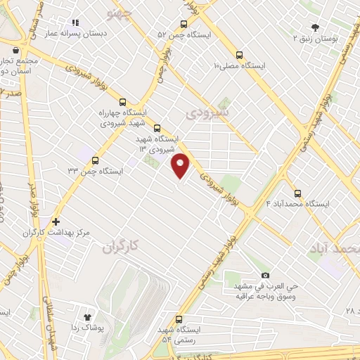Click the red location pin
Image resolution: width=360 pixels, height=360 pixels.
tap(181, 165)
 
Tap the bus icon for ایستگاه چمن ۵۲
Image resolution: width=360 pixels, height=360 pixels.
tap(184, 22)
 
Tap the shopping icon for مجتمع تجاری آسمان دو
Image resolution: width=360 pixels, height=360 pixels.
tap(16, 50)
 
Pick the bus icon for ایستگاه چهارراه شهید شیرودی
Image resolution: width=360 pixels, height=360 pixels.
tap(123, 101)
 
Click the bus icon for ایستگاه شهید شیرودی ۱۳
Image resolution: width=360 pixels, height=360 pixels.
tap(157, 128)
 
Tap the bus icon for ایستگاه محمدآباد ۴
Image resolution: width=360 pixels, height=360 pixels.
tap(297, 193)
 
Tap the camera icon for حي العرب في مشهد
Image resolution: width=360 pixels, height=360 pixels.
tap(265, 275)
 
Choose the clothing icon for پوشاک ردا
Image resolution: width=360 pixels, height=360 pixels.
tap(89, 317)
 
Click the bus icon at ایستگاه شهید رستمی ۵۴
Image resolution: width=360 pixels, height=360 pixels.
tap(179, 319)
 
